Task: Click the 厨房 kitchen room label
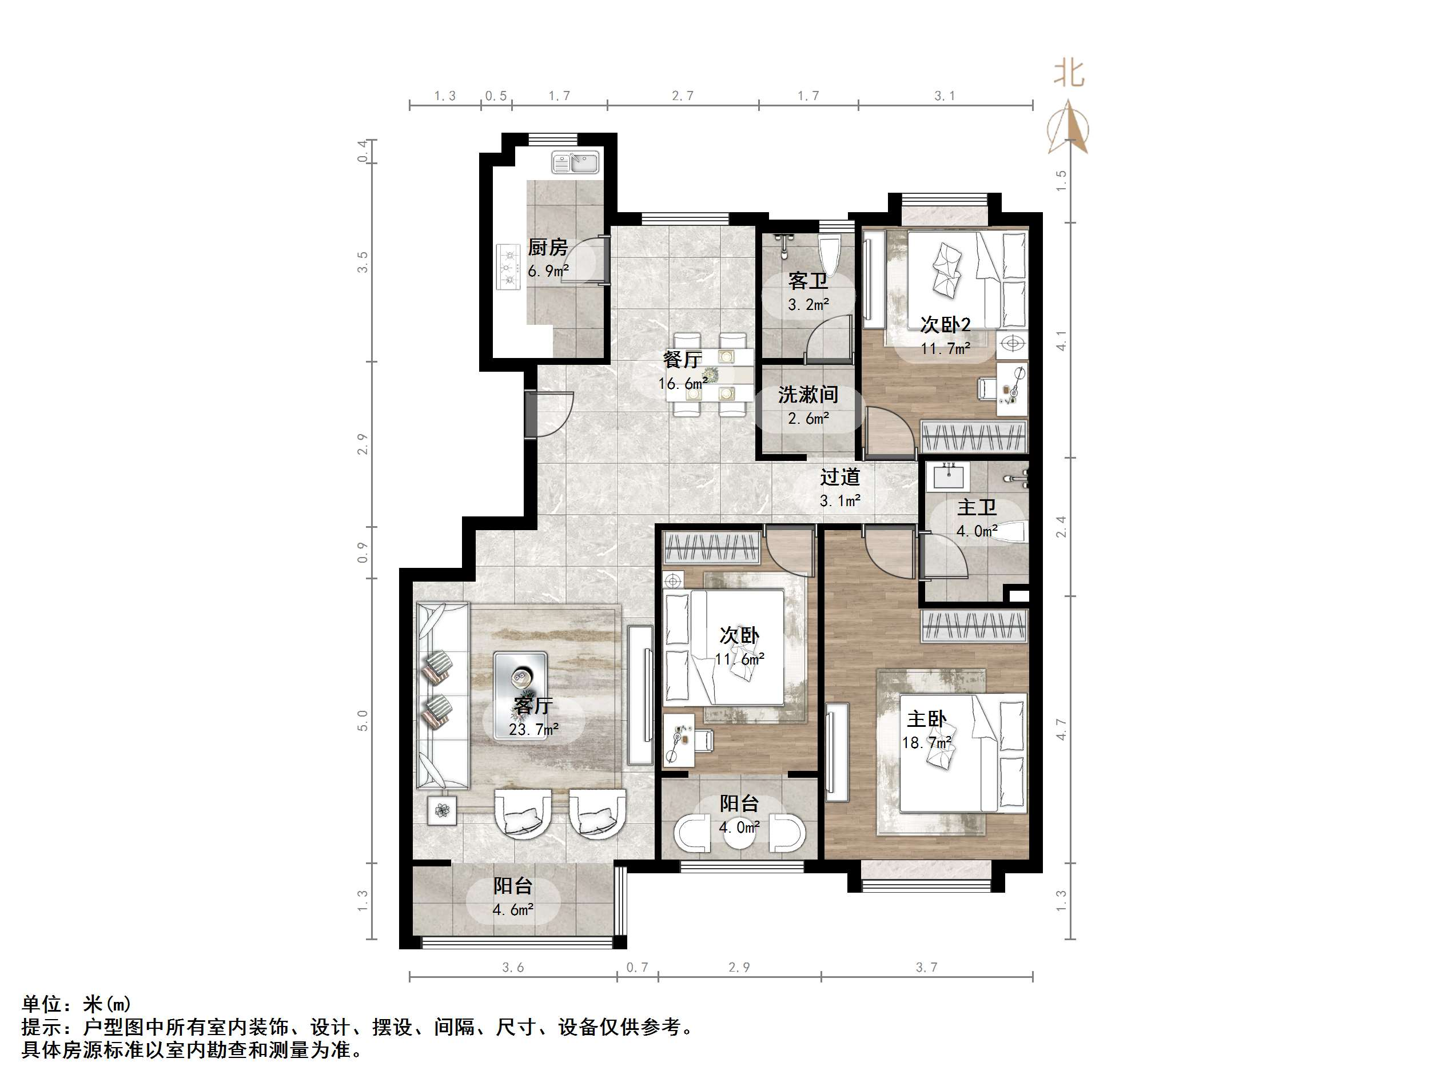click(x=547, y=247)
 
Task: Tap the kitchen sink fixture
click(x=575, y=162)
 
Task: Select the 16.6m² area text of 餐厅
click(x=683, y=384)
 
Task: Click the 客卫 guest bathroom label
click(x=808, y=281)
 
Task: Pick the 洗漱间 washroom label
click(x=808, y=395)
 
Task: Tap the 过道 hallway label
click(x=840, y=478)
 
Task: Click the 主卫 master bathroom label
click(x=977, y=507)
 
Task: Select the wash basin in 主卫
click(x=948, y=476)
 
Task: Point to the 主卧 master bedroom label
click(x=926, y=719)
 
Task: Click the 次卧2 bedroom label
click(x=945, y=324)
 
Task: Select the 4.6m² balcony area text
click(x=513, y=910)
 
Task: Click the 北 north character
click(x=1069, y=73)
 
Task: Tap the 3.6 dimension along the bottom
click(x=512, y=967)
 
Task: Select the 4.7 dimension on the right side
click(x=1061, y=729)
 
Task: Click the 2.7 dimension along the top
click(x=683, y=96)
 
